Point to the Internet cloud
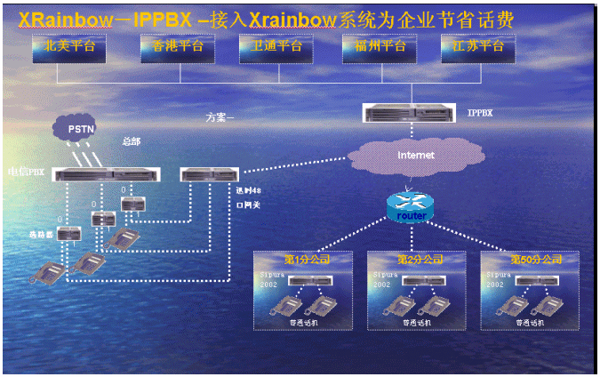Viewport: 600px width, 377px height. [x=415, y=156]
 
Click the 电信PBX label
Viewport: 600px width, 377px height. [x=26, y=170]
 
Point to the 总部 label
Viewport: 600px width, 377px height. [x=131, y=141]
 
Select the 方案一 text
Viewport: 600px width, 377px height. [x=219, y=116]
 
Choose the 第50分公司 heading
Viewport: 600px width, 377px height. [x=536, y=260]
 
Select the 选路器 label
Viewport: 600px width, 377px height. [x=38, y=234]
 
